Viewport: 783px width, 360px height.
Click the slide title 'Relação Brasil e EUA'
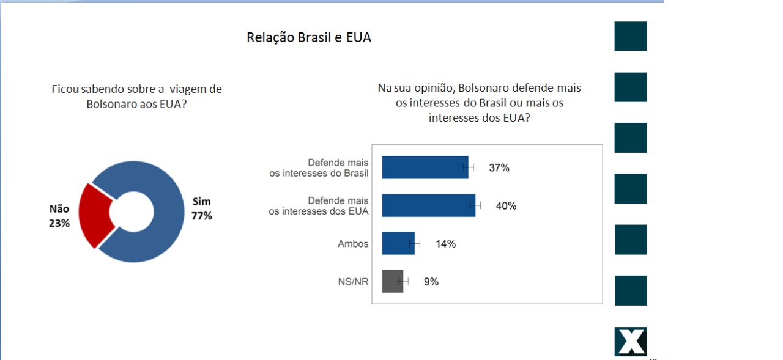click(309, 37)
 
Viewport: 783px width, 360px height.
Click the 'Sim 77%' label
click(202, 208)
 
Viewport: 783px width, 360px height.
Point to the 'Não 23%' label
click(59, 216)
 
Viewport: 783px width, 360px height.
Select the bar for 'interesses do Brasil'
click(425, 167)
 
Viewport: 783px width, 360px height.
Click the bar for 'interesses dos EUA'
click(428, 205)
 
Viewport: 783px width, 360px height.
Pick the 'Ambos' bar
click(398, 243)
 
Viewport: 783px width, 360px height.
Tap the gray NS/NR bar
click(392, 281)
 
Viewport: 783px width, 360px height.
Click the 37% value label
click(499, 168)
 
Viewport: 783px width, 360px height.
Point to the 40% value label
click(506, 206)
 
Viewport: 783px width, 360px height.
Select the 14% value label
click(445, 244)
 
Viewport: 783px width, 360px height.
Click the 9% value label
click(431, 282)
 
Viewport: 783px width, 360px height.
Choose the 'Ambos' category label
click(353, 244)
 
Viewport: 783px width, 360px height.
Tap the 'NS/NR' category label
click(353, 282)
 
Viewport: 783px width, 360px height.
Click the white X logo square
click(631, 342)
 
